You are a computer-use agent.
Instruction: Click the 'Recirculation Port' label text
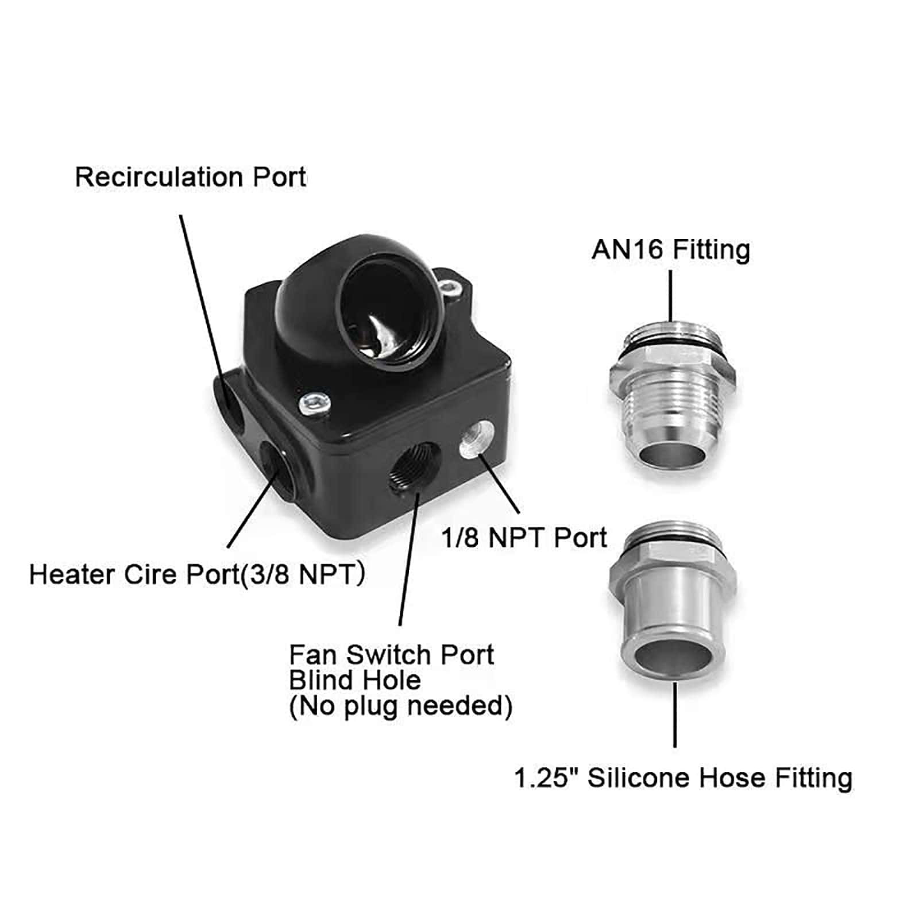click(190, 177)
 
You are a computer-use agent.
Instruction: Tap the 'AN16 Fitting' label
click(671, 250)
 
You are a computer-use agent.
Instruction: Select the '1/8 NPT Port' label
click(524, 538)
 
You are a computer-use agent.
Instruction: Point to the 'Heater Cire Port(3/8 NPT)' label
click(197, 574)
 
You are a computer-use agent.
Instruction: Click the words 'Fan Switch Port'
click(391, 655)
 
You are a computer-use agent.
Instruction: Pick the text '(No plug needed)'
click(400, 706)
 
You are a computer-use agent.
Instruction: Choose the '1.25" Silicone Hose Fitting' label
click(683, 778)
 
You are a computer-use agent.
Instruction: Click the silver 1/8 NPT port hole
click(476, 439)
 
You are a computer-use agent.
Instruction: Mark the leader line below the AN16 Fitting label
click(670, 296)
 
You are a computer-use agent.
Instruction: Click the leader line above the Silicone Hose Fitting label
click(675, 715)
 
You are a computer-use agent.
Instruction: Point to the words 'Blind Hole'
click(354, 681)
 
